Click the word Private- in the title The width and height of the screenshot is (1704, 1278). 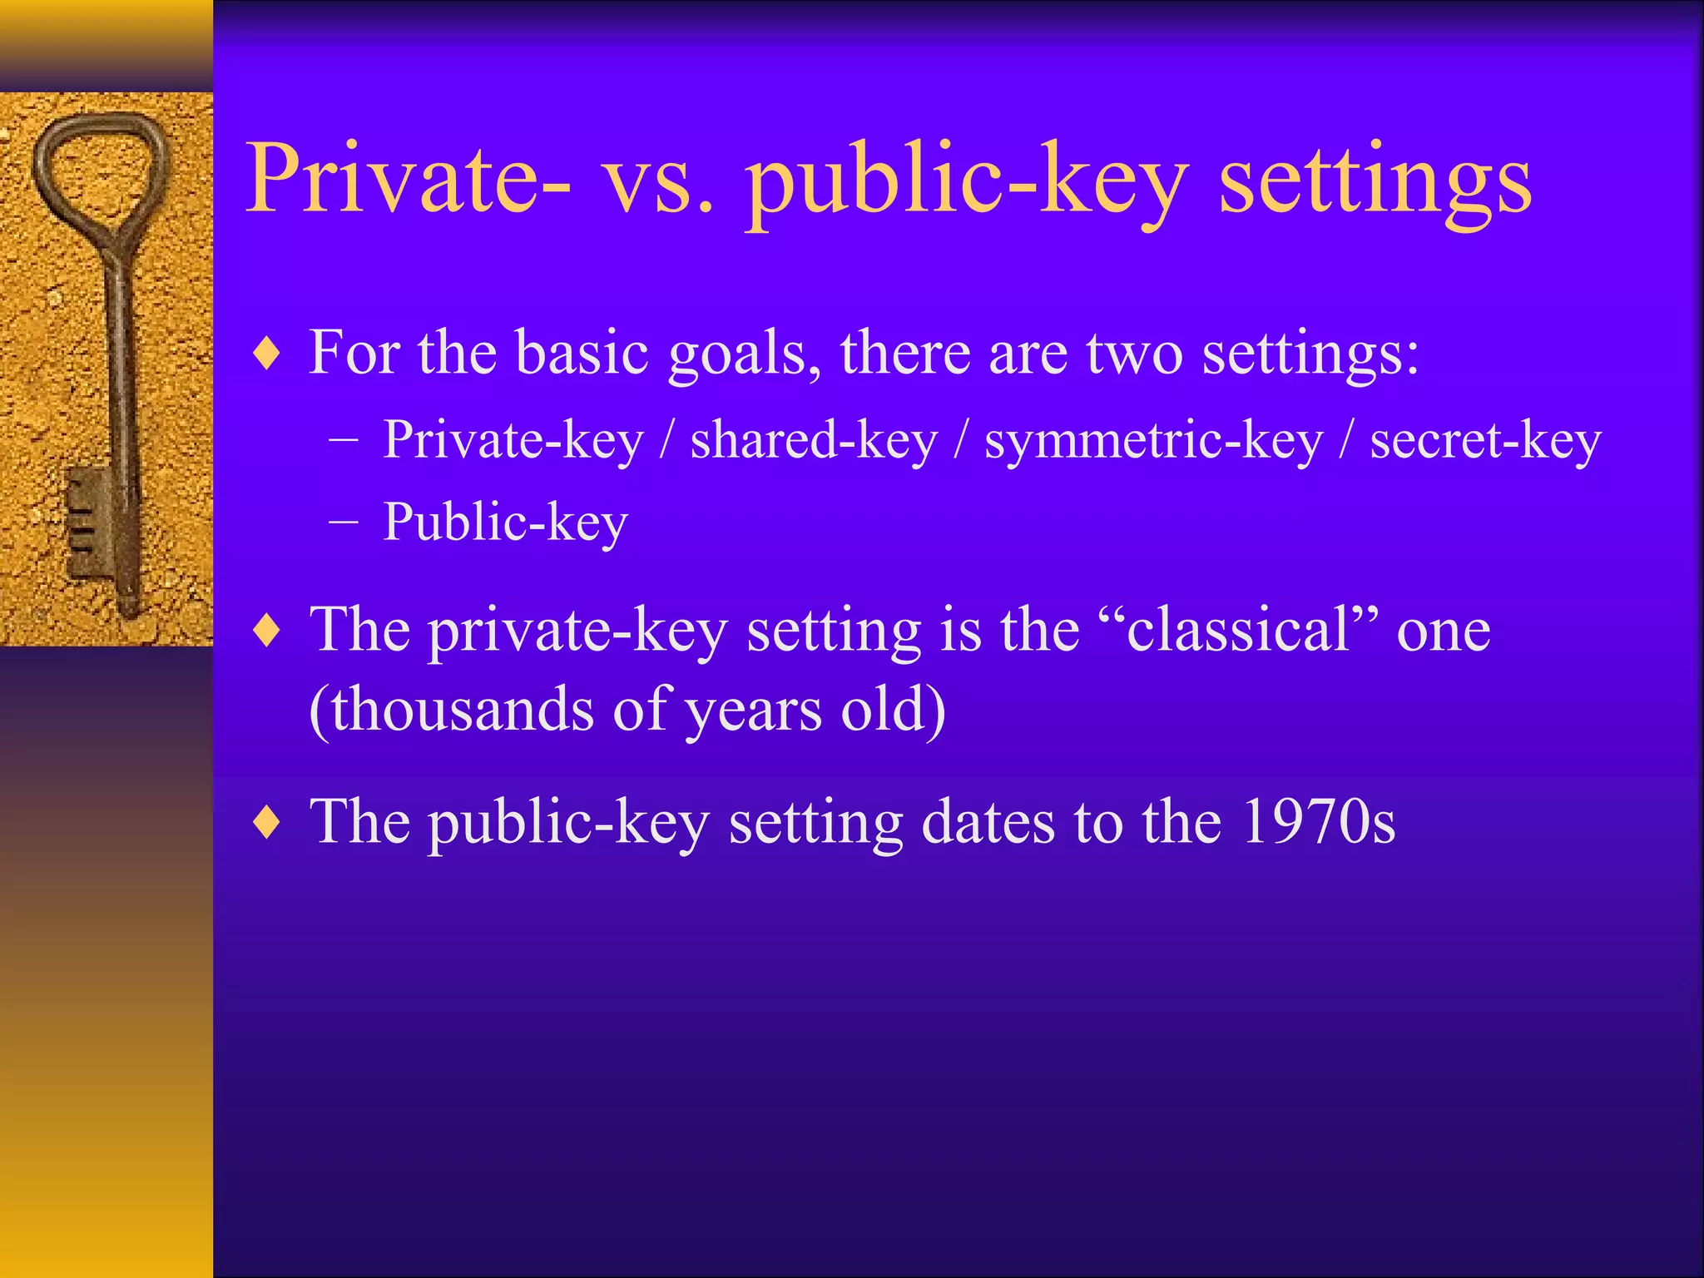408,179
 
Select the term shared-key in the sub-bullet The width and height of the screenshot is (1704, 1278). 814,441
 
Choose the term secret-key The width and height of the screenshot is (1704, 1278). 1485,441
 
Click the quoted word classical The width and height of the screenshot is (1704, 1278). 1238,630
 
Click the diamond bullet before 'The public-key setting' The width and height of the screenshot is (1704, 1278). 266,823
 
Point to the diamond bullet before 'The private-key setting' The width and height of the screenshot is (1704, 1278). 266,631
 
